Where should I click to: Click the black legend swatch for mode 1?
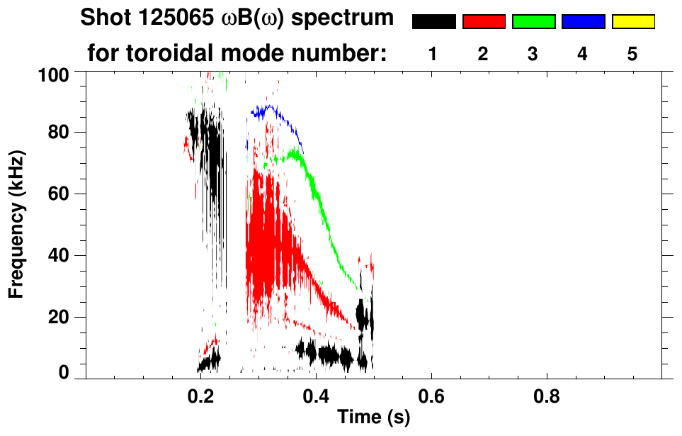point(434,22)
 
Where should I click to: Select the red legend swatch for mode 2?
point(484,22)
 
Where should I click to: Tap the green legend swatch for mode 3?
point(533,22)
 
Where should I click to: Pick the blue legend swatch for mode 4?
point(583,22)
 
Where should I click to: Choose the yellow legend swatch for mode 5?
point(632,22)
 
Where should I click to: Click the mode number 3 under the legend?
point(533,54)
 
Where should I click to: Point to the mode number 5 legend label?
point(632,54)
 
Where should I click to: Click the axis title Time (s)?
point(373,418)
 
